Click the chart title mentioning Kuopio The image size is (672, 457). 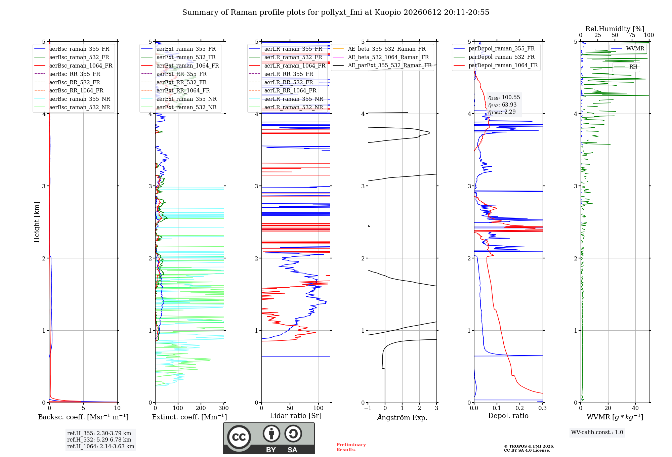(x=336, y=12)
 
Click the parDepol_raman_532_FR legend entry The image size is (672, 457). (x=494, y=57)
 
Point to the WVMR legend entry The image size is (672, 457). (x=628, y=49)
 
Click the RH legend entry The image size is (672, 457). (x=626, y=67)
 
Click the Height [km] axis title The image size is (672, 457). (x=37, y=222)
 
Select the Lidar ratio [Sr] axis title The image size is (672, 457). (x=296, y=416)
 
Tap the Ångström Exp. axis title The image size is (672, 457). (x=402, y=417)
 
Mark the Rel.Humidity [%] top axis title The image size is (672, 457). (x=615, y=29)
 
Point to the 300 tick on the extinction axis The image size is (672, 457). (x=223, y=408)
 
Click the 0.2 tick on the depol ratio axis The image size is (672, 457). (x=520, y=408)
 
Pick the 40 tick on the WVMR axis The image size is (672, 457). (x=635, y=408)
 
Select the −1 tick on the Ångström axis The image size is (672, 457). (x=368, y=408)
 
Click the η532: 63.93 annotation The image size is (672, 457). (x=502, y=105)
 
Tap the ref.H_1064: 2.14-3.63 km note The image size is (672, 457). (x=101, y=446)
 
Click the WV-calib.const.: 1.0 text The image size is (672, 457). (x=597, y=432)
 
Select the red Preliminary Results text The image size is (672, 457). (x=351, y=447)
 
